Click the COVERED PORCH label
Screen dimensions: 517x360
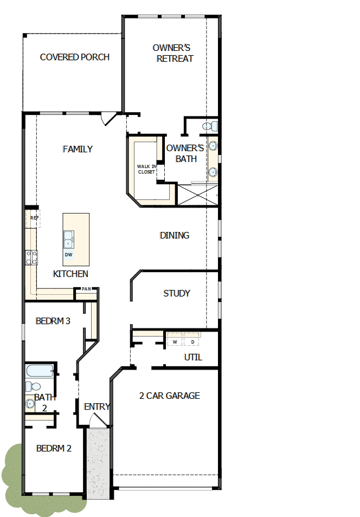tap(75, 57)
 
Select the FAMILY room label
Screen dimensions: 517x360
tap(78, 149)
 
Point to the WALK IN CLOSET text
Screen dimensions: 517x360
tap(146, 169)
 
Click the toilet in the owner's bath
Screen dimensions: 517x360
tap(210, 126)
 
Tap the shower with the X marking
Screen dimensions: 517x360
tap(198, 195)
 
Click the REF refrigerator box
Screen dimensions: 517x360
tap(34, 218)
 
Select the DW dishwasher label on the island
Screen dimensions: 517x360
tap(68, 254)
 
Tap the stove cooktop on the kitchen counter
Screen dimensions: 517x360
tap(31, 256)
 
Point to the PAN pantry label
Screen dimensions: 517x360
tap(86, 289)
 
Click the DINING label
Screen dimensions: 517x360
tap(175, 235)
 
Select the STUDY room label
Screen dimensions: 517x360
tap(177, 293)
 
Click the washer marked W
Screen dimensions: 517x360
tap(175, 341)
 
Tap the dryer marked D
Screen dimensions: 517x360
tap(192, 341)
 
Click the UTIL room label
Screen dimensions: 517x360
tap(193, 358)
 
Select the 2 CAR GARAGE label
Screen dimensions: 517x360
tap(170, 396)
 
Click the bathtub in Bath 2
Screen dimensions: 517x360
tap(40, 372)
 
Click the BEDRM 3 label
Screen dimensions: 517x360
tap(53, 321)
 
